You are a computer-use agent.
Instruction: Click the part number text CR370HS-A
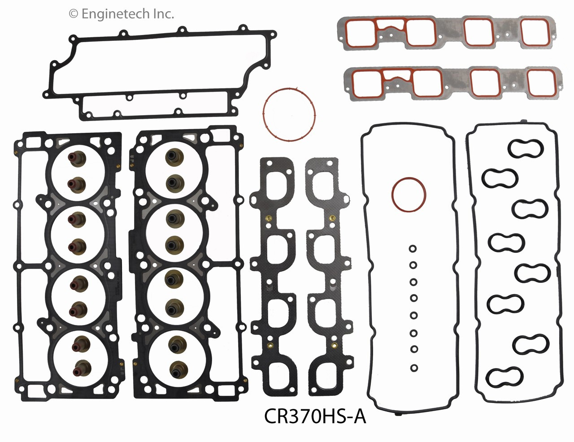(315, 416)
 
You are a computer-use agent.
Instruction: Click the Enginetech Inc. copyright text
(121, 14)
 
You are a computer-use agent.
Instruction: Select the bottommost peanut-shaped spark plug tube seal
(505, 377)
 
